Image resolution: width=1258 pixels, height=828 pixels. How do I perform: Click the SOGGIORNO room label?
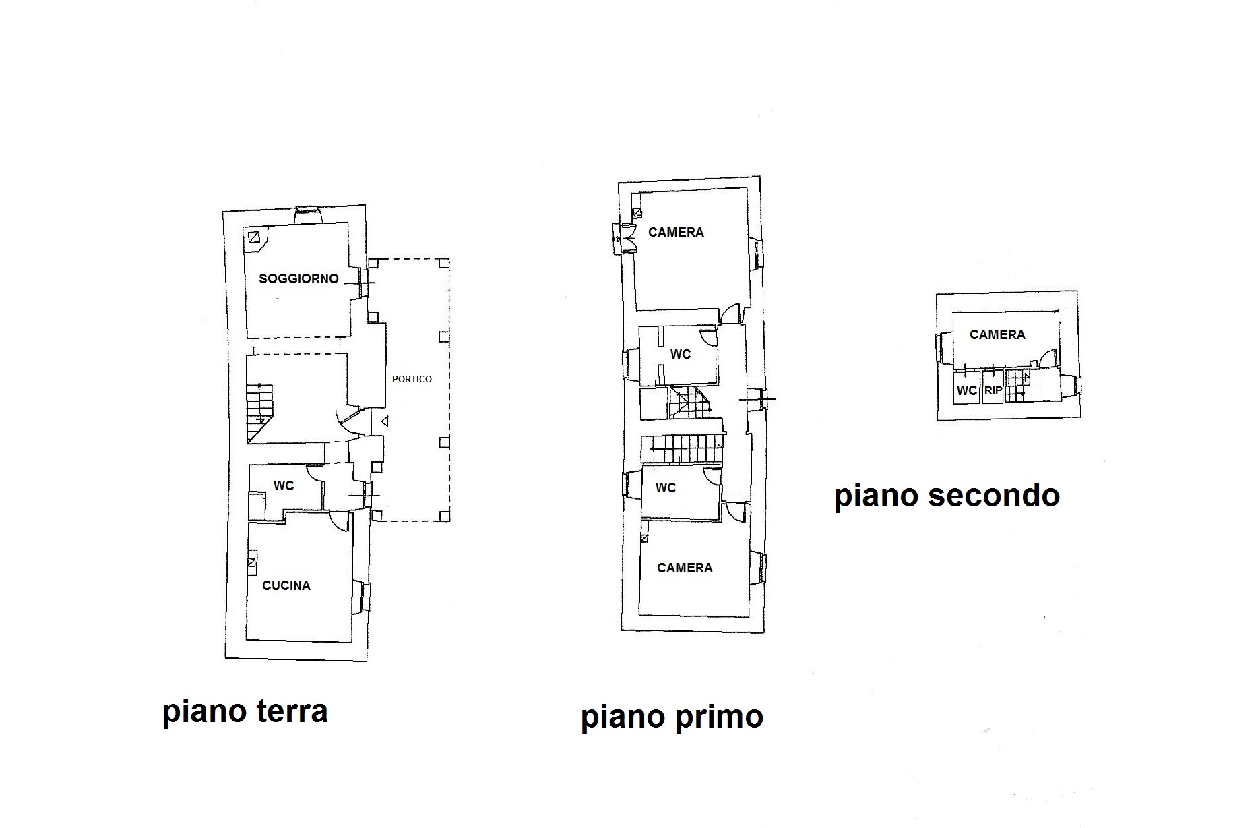[298, 278]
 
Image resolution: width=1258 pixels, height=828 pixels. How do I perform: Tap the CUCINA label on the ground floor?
[286, 585]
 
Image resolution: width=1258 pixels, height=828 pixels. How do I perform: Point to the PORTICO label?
[412, 379]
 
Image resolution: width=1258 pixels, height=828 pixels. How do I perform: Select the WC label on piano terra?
[284, 485]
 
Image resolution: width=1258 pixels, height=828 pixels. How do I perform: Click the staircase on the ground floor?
[260, 412]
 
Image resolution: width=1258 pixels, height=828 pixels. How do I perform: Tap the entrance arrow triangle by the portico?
[385, 422]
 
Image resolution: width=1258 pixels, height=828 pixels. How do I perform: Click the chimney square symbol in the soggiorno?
[254, 237]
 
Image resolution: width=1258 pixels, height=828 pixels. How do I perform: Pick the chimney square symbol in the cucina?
[251, 562]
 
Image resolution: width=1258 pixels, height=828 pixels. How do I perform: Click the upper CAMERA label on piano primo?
[676, 232]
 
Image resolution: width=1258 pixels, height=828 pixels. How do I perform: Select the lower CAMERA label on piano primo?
[685, 568]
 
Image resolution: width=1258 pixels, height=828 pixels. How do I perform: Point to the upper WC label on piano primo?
[681, 354]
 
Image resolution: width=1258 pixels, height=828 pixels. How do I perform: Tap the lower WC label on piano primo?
[666, 487]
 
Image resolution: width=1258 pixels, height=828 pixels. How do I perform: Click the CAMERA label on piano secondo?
[997, 334]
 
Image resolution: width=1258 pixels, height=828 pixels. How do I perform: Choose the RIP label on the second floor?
[993, 390]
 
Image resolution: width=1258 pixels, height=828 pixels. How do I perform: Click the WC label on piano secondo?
[967, 390]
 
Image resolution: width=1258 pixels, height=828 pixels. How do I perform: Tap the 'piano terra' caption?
[245, 711]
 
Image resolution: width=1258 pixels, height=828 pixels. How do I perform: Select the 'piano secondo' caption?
[947, 496]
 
